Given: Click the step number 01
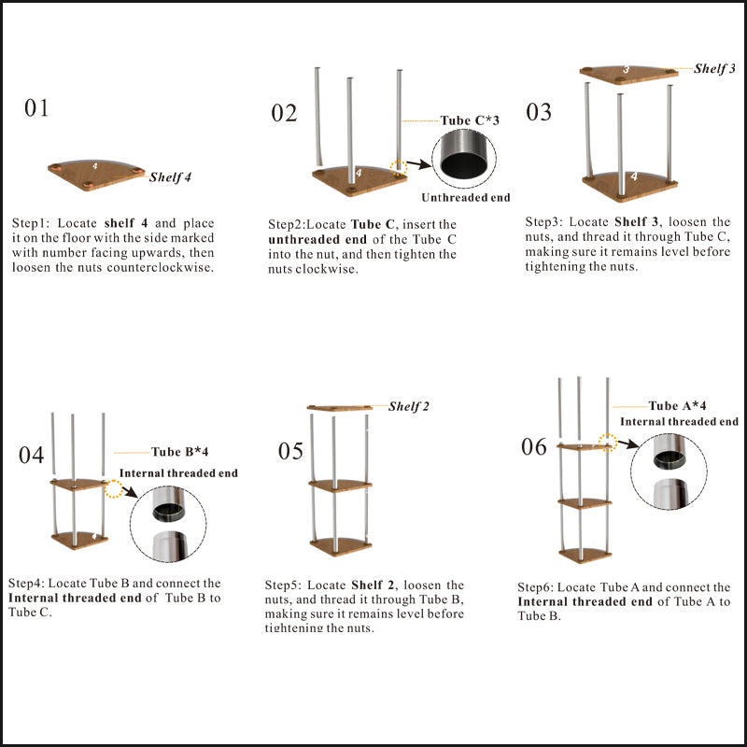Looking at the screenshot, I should coord(36,108).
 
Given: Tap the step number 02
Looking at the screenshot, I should coord(284,114).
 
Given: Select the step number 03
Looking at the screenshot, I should coord(539,113).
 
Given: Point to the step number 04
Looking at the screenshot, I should coord(31,456).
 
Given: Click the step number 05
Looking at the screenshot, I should coord(290,452).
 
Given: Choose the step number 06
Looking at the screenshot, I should coord(534,447).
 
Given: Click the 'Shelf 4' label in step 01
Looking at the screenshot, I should coord(171,176).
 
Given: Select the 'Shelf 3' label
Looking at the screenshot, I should coord(714,69).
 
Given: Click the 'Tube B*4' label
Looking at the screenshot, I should coord(179,453).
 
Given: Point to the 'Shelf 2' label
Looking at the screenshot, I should coord(409,406).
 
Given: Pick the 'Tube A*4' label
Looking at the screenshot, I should coord(677,406).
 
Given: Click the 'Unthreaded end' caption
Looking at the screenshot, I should coord(465,198).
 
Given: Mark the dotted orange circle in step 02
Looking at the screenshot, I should coord(400,170).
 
